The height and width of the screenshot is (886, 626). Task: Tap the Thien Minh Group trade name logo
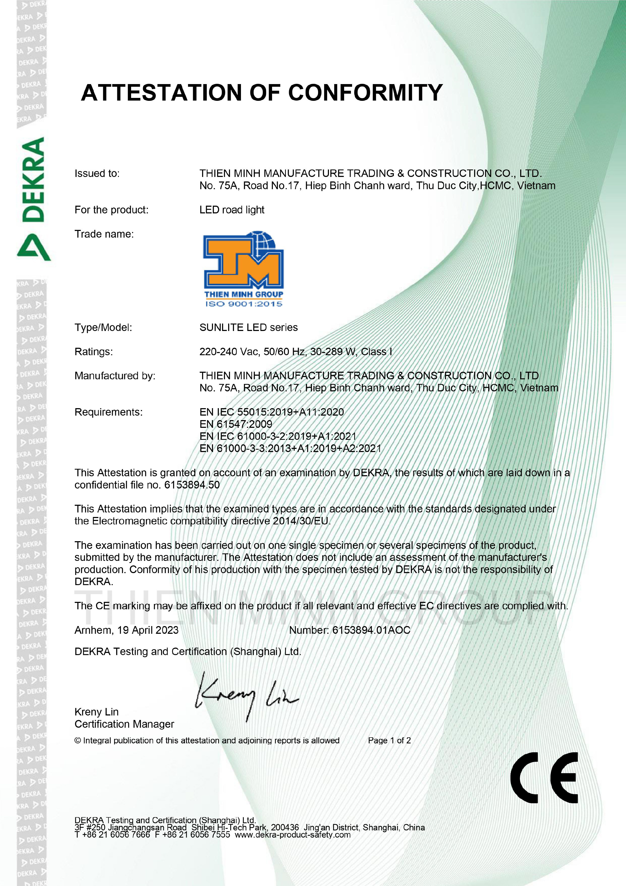tap(243, 269)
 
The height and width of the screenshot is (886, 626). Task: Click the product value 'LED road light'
tap(232, 210)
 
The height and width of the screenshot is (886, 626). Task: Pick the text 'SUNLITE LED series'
tap(248, 328)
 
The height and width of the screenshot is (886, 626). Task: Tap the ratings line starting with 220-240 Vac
tap(295, 352)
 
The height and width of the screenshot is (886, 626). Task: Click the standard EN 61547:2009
tap(236, 424)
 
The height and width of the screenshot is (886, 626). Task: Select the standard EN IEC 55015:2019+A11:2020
tap(272, 412)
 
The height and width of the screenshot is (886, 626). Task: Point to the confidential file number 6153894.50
tap(192, 485)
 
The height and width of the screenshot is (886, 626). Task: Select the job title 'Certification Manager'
tap(124, 724)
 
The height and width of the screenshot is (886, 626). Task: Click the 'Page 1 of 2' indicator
tap(389, 740)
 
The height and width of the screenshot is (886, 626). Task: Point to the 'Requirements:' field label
tap(108, 412)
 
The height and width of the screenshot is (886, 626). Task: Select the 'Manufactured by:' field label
tap(115, 376)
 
